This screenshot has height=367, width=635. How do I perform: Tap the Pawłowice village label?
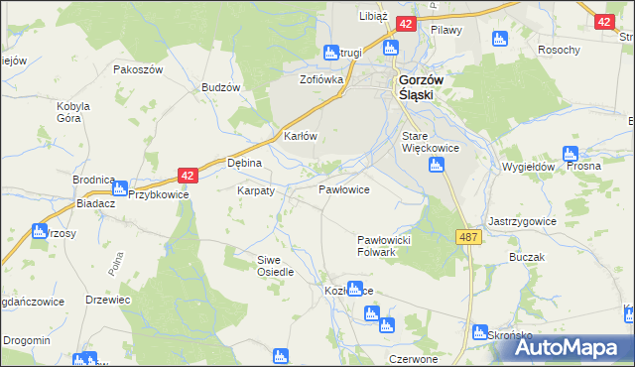pyautogui.click(x=344, y=188)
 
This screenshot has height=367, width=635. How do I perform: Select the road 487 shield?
pyautogui.click(x=469, y=236)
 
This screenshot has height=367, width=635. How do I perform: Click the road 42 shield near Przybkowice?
pyautogui.click(x=190, y=175)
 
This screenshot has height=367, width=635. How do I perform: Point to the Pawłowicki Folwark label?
pyautogui.click(x=390, y=246)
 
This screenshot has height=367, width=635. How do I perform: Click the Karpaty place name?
pyautogui.click(x=255, y=189)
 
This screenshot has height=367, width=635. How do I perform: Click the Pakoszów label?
pyautogui.click(x=137, y=70)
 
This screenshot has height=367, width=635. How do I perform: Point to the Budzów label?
pyautogui.click(x=221, y=87)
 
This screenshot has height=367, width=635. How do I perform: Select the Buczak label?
pyautogui.click(x=528, y=257)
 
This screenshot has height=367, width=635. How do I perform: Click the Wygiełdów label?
pyautogui.click(x=528, y=168)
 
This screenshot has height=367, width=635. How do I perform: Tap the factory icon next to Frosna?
pyautogui.click(x=570, y=154)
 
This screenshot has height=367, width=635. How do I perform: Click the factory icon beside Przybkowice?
pyautogui.click(x=121, y=187)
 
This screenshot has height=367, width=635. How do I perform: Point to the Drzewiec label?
pyautogui.click(x=108, y=300)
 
